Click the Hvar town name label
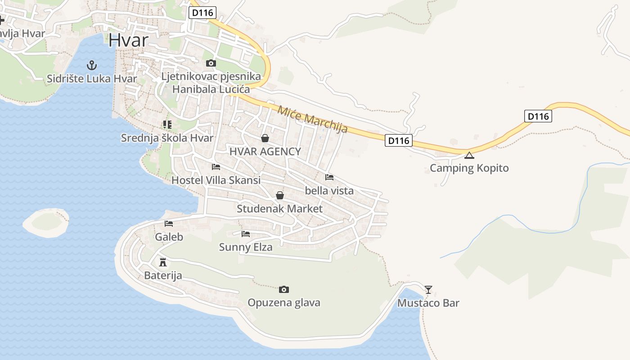(128, 40)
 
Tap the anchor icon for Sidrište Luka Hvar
(92, 65)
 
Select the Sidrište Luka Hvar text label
(92, 79)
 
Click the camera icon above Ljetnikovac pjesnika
(211, 63)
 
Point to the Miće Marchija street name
(313, 119)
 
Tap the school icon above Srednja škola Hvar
(167, 124)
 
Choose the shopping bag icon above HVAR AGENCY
(265, 138)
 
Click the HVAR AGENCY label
(265, 152)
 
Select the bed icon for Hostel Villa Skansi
(216, 167)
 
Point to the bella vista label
(329, 191)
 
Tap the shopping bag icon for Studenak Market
(279, 195)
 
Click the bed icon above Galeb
(169, 223)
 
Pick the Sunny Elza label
(245, 247)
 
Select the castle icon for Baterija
(163, 262)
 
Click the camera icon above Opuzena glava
(283, 289)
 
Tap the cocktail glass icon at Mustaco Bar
(428, 289)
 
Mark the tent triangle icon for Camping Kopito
(469, 156)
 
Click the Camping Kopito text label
(469, 168)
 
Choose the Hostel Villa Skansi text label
(216, 180)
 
